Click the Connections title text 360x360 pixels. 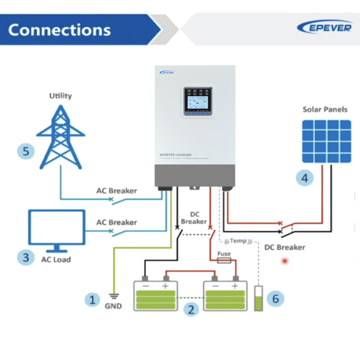pos(59,29)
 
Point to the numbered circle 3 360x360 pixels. pos(25,257)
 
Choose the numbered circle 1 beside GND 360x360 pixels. pos(92,299)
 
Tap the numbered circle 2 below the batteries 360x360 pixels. pos(191,310)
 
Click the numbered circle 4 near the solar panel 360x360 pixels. pos(305,178)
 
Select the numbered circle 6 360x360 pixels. pos(275,298)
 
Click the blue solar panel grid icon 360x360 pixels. pos(326,141)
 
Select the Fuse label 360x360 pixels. pos(224,254)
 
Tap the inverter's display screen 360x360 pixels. pos(197,106)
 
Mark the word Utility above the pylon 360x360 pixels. pos(60,95)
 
